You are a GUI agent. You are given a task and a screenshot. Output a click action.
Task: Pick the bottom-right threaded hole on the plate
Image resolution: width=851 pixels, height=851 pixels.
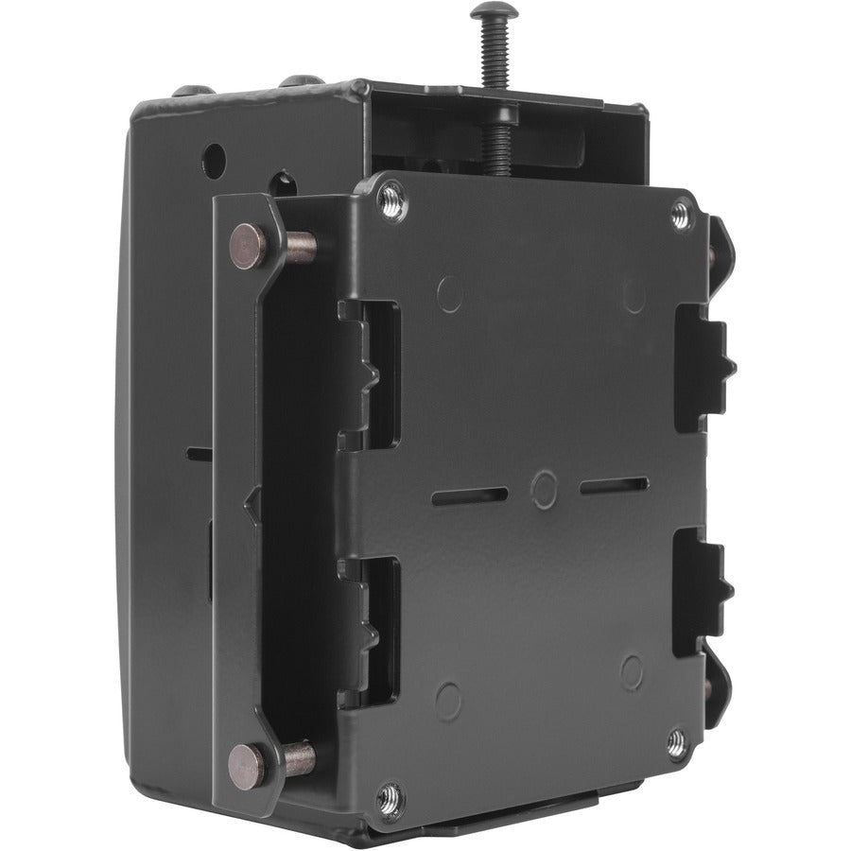(677, 743)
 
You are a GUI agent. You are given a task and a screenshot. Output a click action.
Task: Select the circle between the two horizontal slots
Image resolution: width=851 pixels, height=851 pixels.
(544, 489)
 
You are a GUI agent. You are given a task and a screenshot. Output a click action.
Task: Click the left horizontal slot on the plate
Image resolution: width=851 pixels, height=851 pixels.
(470, 495)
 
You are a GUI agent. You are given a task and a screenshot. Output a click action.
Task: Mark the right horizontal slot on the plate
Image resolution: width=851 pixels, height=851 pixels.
(614, 486)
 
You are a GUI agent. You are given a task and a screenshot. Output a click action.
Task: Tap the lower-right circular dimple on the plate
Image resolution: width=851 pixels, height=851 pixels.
(632, 670)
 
